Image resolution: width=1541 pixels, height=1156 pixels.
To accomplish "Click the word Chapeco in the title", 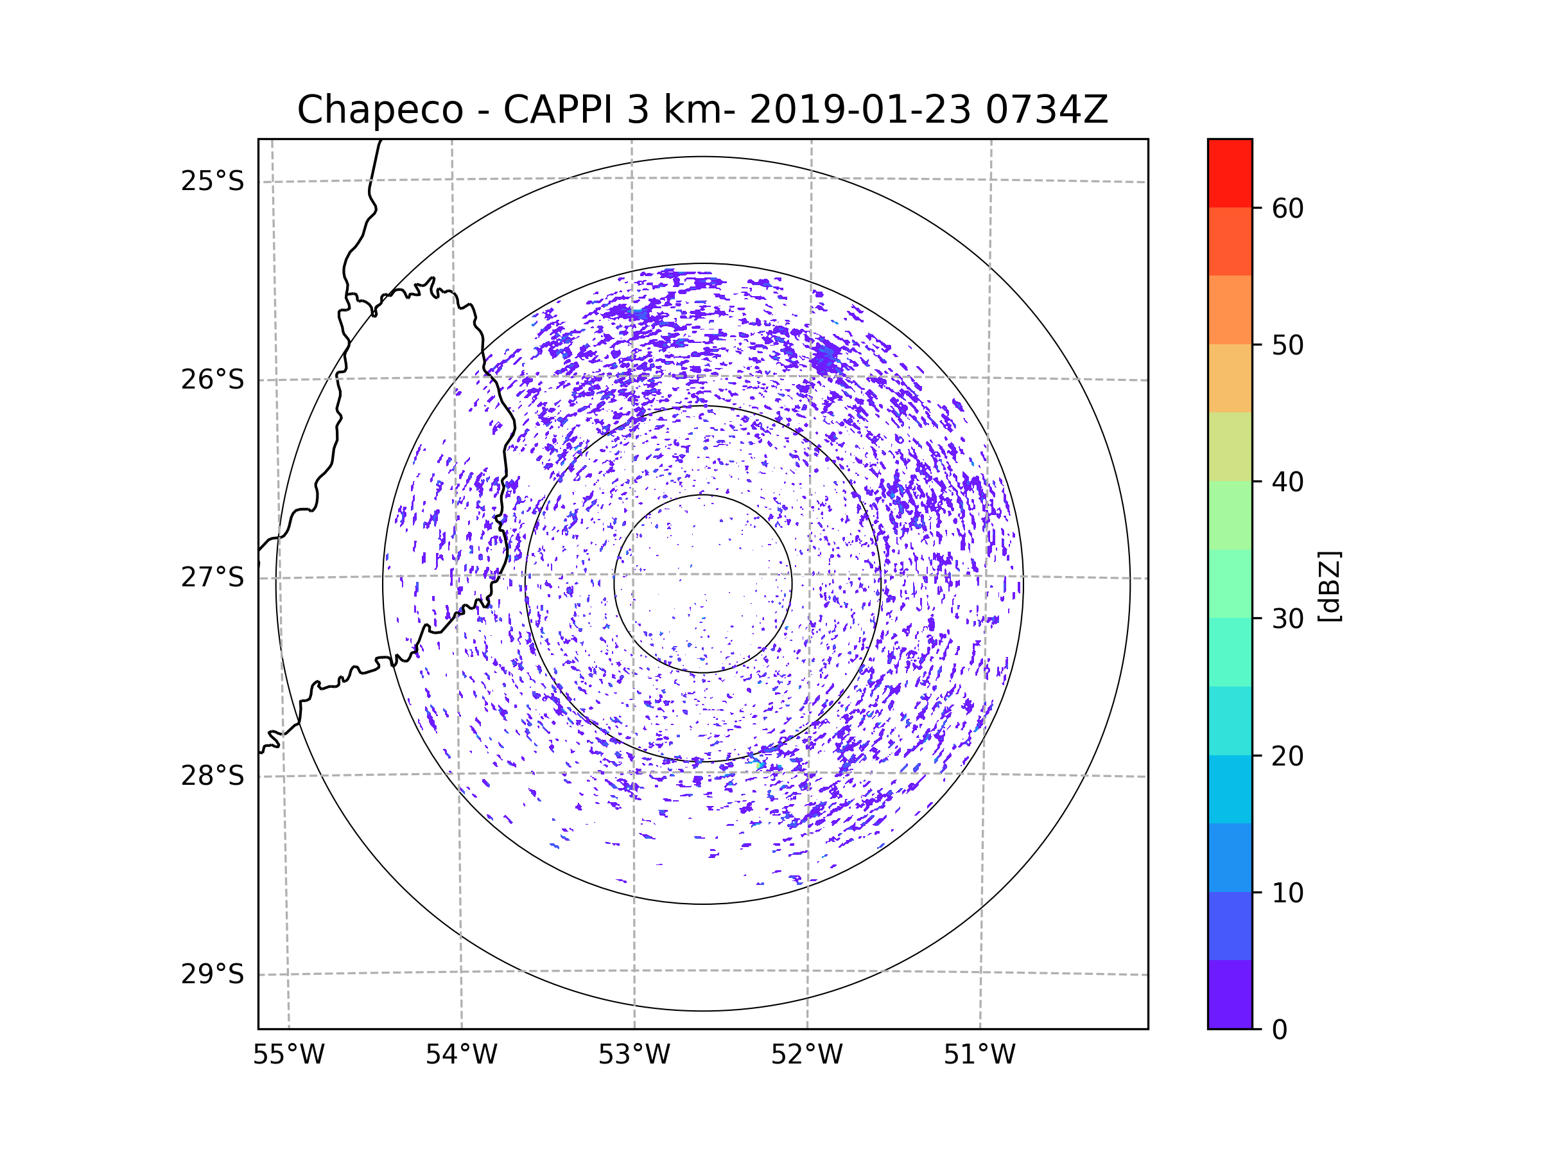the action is (x=380, y=110).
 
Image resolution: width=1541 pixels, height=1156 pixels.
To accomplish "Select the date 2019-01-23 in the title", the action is (x=860, y=110).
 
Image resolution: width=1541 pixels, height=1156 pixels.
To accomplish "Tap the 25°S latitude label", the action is (x=213, y=181).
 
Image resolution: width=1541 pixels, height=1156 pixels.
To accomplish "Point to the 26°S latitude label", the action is (x=213, y=380).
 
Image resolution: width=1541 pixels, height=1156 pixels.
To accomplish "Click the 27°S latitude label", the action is (x=213, y=577).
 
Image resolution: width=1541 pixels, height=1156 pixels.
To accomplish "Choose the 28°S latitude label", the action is (x=213, y=776).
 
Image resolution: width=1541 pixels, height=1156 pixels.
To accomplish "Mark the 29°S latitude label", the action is (x=213, y=974).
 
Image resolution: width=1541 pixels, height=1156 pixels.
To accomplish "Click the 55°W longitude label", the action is (x=288, y=1055).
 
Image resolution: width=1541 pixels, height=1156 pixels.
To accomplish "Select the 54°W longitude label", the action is (x=461, y=1055).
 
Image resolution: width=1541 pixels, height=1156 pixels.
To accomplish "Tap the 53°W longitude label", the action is (x=634, y=1055).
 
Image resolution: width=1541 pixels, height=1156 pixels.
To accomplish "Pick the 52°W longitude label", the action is (x=806, y=1055).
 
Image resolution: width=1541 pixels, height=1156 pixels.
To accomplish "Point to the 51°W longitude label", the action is (x=979, y=1055).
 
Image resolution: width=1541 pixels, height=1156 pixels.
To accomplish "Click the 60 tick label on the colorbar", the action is (x=1287, y=208).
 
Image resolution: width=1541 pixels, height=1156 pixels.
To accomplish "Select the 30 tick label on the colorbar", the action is (x=1287, y=618).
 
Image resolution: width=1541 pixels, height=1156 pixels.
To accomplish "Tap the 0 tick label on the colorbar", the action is (x=1280, y=1030).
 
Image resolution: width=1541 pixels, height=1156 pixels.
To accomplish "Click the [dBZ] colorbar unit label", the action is (x=1329, y=586).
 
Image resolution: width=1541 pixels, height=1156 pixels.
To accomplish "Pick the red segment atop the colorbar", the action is (x=1230, y=173).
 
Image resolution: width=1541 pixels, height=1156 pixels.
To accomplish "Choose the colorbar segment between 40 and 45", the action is (x=1230, y=446).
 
